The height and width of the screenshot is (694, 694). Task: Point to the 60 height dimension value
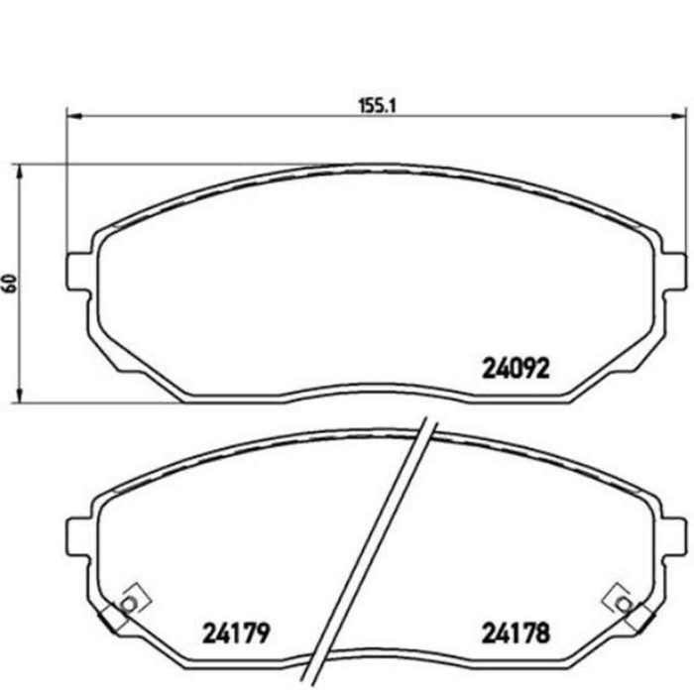point(11,283)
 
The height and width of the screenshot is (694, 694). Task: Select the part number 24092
point(516,370)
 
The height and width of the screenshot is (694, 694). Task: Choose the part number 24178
point(516,632)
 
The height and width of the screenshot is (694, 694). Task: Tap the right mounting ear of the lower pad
point(672,535)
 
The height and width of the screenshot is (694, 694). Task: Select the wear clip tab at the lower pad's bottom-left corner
point(109,623)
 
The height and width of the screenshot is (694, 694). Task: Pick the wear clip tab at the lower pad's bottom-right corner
point(640,623)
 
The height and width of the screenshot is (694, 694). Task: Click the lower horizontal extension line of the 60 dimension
point(99,404)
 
